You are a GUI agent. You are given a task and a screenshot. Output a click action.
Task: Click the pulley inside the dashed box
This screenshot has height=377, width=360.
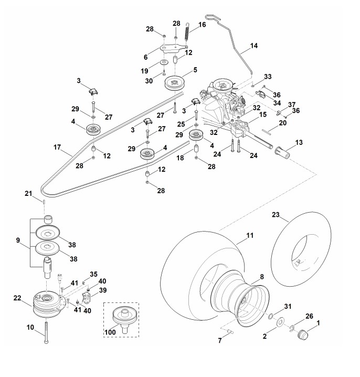point(124,319)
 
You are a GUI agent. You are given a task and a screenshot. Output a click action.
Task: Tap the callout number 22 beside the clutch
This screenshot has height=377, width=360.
point(17,298)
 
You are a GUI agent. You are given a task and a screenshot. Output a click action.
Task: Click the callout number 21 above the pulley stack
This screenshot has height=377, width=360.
point(29,194)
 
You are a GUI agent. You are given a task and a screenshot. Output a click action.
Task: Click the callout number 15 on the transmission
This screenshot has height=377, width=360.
point(263,114)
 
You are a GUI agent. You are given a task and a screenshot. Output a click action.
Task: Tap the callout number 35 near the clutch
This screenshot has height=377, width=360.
point(93,274)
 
